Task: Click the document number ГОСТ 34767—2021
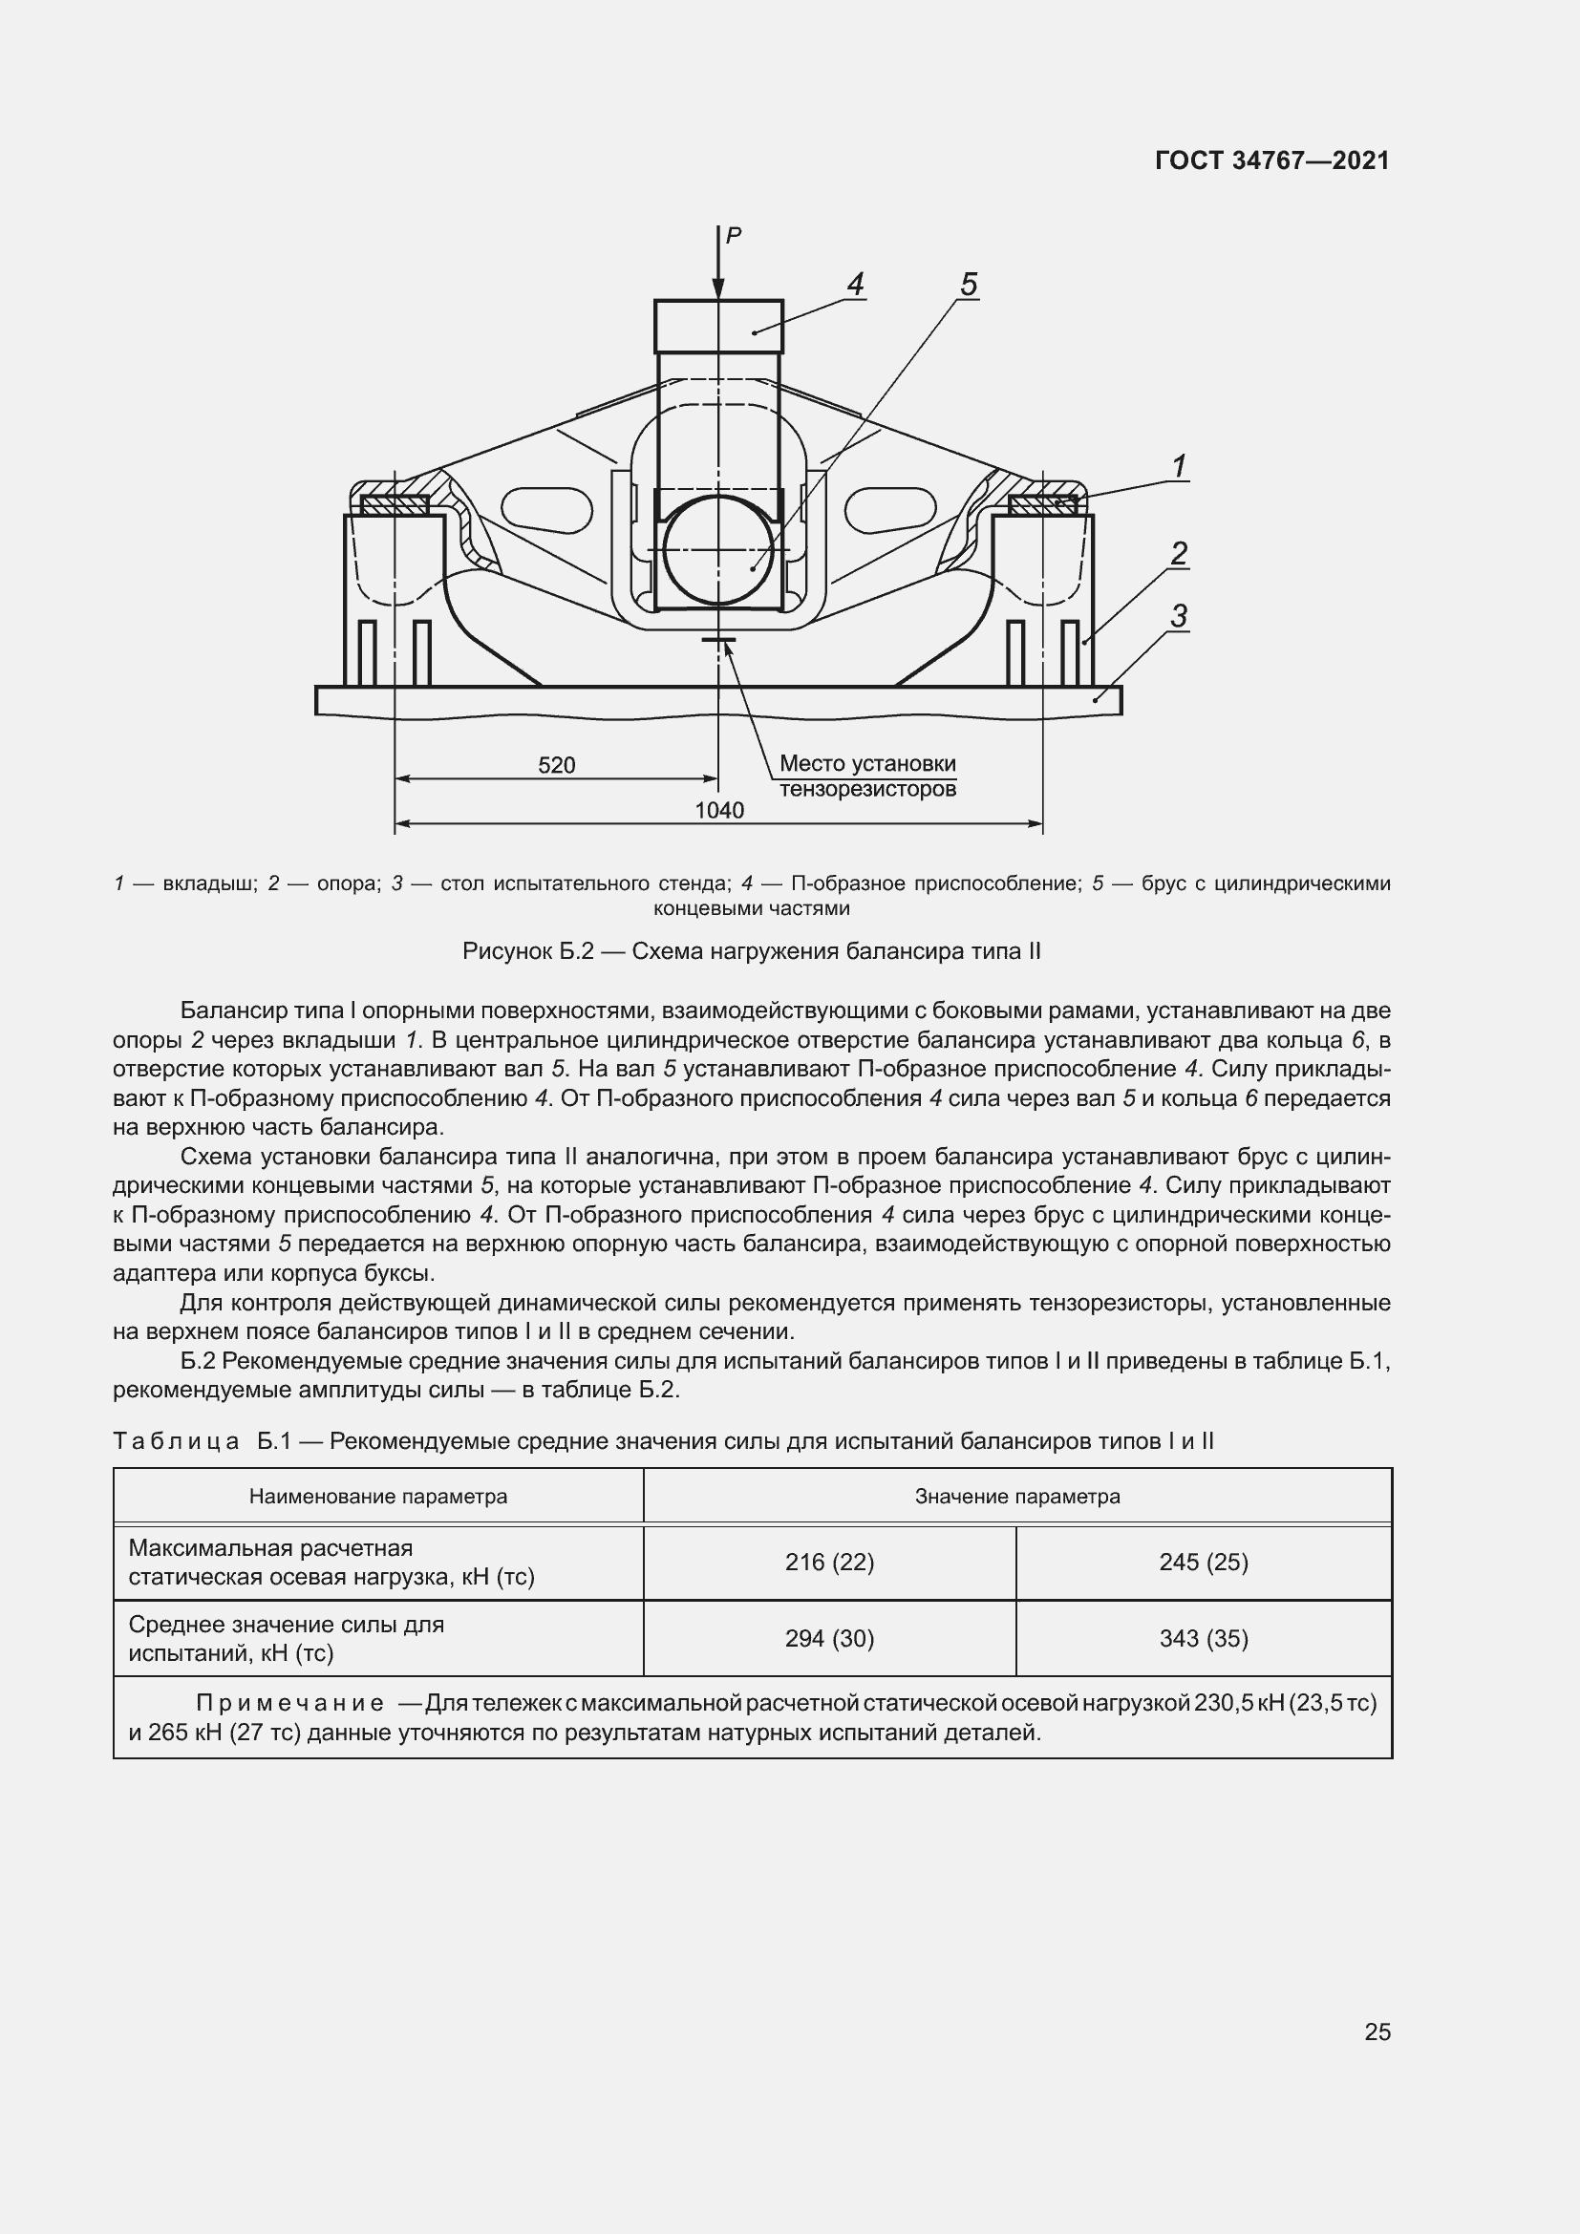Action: [1271, 161]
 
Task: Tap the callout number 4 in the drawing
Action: [855, 285]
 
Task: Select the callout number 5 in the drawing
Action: [968, 285]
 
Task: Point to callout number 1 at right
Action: [1179, 467]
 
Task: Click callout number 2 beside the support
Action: [1178, 555]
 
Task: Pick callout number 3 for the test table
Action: [1178, 616]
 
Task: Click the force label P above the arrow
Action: [734, 235]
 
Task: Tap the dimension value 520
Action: [557, 765]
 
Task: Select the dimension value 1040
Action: [719, 811]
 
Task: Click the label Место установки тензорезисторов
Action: [867, 777]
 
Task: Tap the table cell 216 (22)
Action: [829, 1563]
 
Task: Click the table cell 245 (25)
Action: [1204, 1563]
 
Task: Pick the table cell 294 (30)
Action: [829, 1640]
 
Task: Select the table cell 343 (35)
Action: [1204, 1640]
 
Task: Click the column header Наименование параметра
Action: [377, 1497]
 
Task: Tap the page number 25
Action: [1377, 2032]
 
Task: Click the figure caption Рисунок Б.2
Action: [751, 951]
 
